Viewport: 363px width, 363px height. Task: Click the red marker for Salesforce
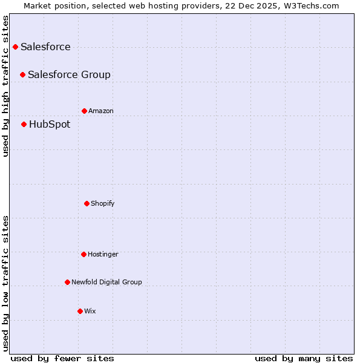pyautogui.click(x=15, y=47)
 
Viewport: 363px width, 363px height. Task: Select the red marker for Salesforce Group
pyautogui.click(x=22, y=74)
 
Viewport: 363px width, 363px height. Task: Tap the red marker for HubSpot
pyautogui.click(x=24, y=124)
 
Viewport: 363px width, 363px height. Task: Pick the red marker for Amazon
pyautogui.click(x=84, y=111)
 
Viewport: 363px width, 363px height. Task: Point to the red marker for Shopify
pyautogui.click(x=87, y=203)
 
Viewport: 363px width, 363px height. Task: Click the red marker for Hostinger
pyautogui.click(x=83, y=254)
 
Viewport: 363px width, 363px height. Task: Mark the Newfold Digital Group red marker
pyautogui.click(x=67, y=282)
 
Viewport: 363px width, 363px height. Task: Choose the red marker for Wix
pyautogui.click(x=80, y=311)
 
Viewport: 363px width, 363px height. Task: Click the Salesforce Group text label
pyautogui.click(x=69, y=74)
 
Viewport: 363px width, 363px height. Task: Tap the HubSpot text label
pyautogui.click(x=50, y=125)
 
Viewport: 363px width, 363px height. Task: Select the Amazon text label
pyautogui.click(x=101, y=111)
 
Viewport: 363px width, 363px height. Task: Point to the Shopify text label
pyautogui.click(x=103, y=203)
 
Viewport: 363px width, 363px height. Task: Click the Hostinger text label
pyautogui.click(x=103, y=254)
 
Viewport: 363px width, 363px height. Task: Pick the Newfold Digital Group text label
pyautogui.click(x=106, y=282)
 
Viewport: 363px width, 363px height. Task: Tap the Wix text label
pyautogui.click(x=90, y=311)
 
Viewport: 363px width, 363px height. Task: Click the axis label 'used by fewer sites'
pyautogui.click(x=62, y=358)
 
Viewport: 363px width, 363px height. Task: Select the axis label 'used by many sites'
pyautogui.click(x=304, y=358)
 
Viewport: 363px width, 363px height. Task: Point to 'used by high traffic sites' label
pyautogui.click(x=5, y=86)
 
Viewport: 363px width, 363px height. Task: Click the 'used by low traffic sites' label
pyautogui.click(x=5, y=283)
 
